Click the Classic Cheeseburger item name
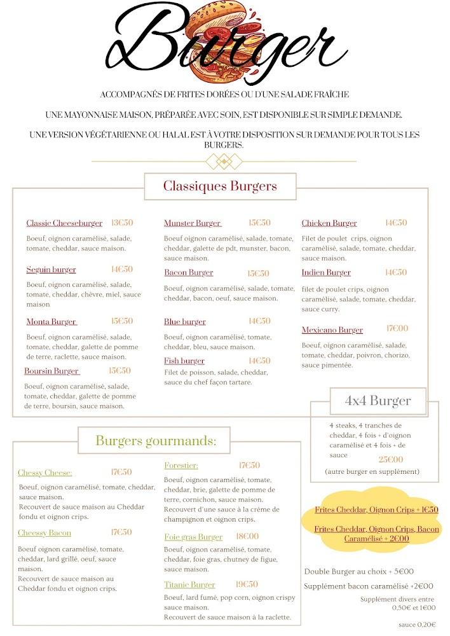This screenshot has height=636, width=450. [x=64, y=223]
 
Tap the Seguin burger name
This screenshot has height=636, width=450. [x=51, y=270]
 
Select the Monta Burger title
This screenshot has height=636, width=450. [x=51, y=322]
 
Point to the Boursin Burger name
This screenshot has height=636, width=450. [x=51, y=371]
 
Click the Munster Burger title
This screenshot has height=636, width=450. [x=193, y=223]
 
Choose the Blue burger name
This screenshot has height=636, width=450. [x=184, y=322]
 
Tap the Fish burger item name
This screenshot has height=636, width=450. [x=184, y=361]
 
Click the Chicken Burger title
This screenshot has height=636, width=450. [x=329, y=223]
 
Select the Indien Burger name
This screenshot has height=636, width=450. [x=326, y=273]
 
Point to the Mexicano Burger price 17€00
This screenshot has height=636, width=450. [x=397, y=329]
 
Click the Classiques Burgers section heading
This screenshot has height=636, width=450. [x=220, y=186]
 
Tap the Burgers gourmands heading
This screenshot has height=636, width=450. [x=156, y=440]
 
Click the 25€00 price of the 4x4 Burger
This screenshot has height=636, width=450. [x=391, y=460]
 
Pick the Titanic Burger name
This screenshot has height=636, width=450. [x=189, y=584]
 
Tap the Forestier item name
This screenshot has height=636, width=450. [x=181, y=466]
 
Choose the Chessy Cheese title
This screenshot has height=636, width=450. [x=44, y=473]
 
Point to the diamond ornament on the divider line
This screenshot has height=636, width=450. [x=224, y=162]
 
